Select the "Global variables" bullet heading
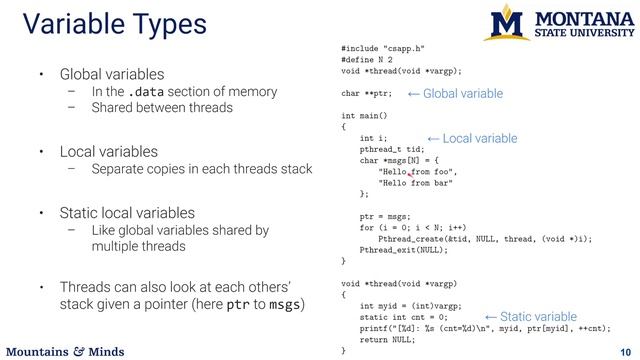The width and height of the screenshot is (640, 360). [x=112, y=74]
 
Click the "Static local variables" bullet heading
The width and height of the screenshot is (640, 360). [x=126, y=212]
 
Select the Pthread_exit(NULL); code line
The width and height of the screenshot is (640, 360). [x=405, y=249]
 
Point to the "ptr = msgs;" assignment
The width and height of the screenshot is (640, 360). [x=384, y=216]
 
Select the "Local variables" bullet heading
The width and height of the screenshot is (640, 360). [x=108, y=152]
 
